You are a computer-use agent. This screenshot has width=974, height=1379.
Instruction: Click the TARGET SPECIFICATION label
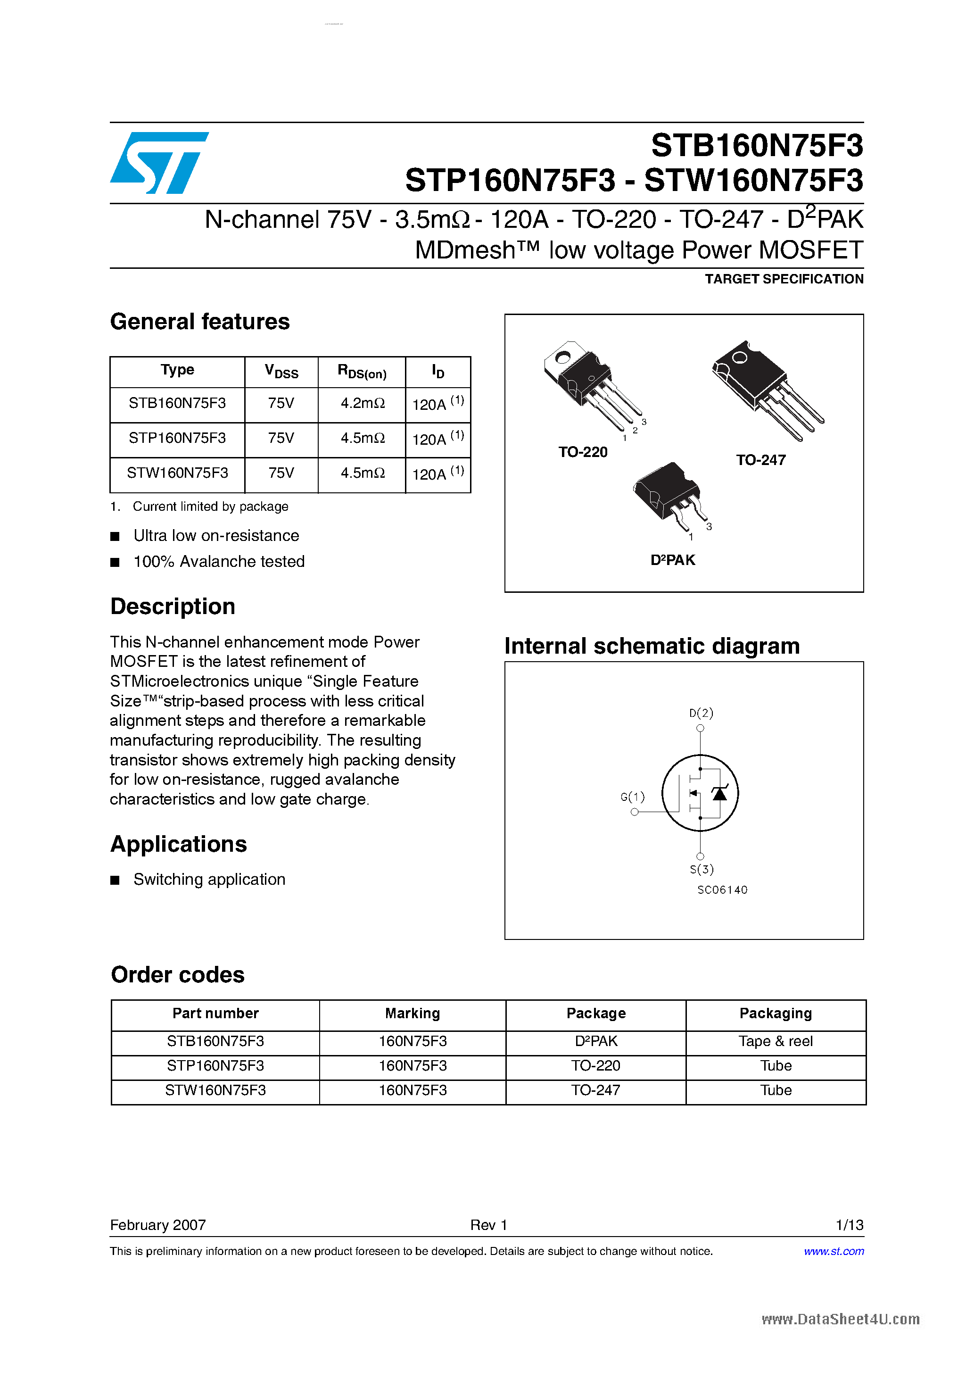[784, 279]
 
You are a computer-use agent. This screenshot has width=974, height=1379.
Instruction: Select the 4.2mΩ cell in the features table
[362, 404]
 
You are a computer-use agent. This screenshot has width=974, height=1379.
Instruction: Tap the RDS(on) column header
[362, 372]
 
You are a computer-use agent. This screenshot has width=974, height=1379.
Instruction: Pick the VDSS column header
[281, 372]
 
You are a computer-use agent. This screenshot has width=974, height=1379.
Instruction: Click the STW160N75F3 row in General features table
[177, 474]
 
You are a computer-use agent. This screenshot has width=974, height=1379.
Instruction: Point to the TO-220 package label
[583, 452]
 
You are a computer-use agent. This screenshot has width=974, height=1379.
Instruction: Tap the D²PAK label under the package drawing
[673, 560]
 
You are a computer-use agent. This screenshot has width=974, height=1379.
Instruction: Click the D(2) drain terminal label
[701, 713]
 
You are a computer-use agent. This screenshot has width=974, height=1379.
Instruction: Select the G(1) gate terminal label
[632, 797]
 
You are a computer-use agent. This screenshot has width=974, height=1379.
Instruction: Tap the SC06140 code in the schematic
[722, 890]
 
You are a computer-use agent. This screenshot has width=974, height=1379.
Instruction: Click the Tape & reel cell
[775, 1041]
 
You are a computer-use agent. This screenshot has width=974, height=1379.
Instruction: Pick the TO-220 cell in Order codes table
[596, 1066]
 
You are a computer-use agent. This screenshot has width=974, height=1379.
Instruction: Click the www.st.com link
[834, 1251]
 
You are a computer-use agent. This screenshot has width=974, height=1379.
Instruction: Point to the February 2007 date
[158, 1225]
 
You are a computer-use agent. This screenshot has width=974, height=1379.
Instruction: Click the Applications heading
[178, 844]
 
